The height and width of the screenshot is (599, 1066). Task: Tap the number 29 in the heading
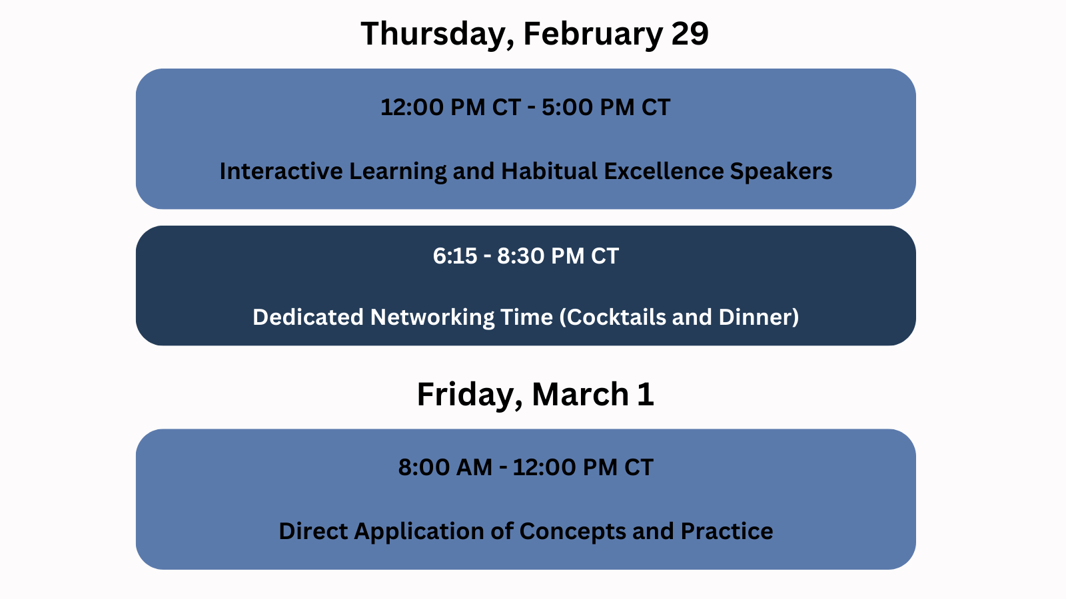coord(690,33)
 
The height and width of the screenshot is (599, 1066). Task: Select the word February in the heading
coord(593,34)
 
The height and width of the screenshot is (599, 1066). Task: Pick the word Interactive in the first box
coord(280,171)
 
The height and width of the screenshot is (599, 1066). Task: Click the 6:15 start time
coord(455,256)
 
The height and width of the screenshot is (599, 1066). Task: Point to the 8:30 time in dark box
coord(520,256)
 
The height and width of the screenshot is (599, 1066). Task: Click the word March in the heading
coord(580,393)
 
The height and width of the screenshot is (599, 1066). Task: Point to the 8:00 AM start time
coord(446,467)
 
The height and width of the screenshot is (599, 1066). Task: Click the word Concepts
coord(572,532)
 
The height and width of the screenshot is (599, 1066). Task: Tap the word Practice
coord(727,531)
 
